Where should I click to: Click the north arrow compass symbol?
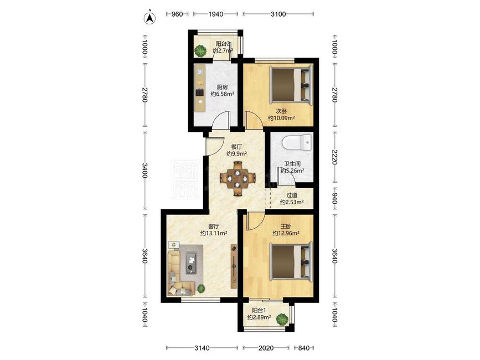pos(149,18)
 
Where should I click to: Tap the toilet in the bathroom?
pos(297,142)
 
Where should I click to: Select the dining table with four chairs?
pos(238,178)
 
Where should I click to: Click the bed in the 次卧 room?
pos(291,84)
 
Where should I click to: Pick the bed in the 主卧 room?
pos(291,261)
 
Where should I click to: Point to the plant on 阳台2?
pos(201,50)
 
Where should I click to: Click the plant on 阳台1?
pos(282,319)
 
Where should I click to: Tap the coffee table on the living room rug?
pos(192,263)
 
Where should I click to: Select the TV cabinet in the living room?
pos(234,266)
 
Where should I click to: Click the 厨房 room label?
pos(222,88)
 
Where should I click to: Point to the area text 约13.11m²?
pos(214,233)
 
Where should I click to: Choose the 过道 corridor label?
pos(292,195)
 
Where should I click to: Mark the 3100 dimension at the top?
pos(278,14)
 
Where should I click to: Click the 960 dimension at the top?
pos(177,14)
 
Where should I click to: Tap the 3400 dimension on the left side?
pos(145,171)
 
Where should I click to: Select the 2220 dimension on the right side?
pos(334,157)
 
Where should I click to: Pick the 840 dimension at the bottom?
pos(304,348)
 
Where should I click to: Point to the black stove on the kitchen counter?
pos(200,92)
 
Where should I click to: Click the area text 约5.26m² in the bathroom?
pos(292,171)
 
